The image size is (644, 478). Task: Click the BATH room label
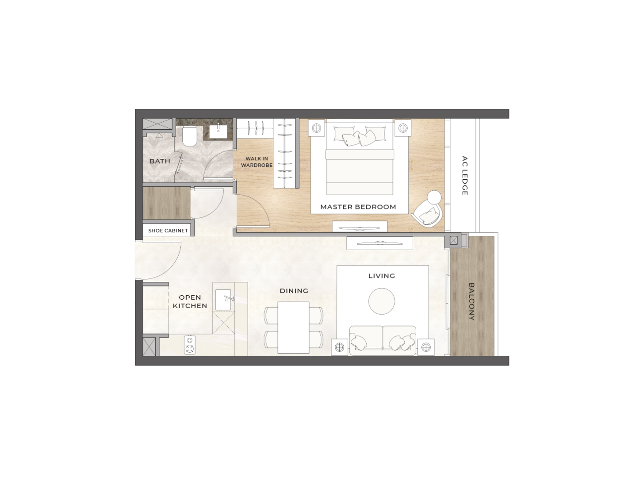[160, 161]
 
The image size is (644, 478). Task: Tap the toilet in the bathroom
[190, 136]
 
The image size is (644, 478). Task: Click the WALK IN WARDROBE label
[257, 162]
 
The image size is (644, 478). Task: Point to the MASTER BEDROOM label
[358, 207]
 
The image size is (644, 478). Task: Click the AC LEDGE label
[464, 176]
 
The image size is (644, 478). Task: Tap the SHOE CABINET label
[168, 231]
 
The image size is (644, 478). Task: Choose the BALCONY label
[471, 301]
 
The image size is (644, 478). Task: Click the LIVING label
[382, 276]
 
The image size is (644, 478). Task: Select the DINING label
[294, 291]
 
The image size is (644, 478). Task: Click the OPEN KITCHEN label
[190, 301]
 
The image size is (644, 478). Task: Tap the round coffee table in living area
[382, 301]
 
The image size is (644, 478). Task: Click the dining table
[293, 328]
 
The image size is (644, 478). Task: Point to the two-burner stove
[190, 345]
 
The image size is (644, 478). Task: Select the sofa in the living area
[383, 340]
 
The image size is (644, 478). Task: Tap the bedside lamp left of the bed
[316, 128]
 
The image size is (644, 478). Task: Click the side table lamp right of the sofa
[426, 347]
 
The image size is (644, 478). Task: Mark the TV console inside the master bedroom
[360, 226]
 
